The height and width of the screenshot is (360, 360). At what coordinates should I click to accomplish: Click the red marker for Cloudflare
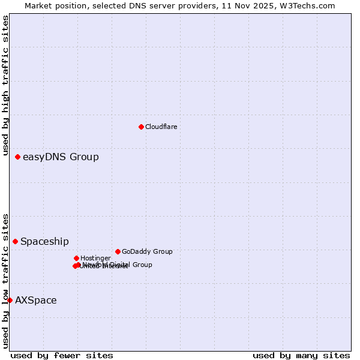pyautogui.click(x=141, y=127)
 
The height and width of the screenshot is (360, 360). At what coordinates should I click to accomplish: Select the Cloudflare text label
pyautogui.click(x=161, y=127)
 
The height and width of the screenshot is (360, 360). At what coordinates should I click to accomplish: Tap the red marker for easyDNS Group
pyautogui.click(x=17, y=157)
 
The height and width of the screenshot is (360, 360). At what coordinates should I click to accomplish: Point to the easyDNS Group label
pyautogui.click(x=61, y=157)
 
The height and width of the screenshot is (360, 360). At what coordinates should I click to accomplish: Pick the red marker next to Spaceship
pyautogui.click(x=15, y=241)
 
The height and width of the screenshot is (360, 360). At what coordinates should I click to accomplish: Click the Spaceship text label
pyautogui.click(x=44, y=242)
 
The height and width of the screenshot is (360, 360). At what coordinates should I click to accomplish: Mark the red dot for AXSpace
pyautogui.click(x=10, y=300)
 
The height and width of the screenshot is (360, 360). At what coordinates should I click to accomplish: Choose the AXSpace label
pyautogui.click(x=36, y=301)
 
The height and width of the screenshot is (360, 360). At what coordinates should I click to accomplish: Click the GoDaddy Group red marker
pyautogui.click(x=118, y=251)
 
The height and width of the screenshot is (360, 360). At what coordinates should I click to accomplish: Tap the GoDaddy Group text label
pyautogui.click(x=147, y=252)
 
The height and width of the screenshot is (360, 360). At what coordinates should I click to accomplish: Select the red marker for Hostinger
pyautogui.click(x=76, y=258)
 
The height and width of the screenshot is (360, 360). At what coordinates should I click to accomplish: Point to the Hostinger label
pyautogui.click(x=95, y=259)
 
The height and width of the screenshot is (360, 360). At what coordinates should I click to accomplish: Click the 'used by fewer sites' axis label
pyautogui.click(x=62, y=355)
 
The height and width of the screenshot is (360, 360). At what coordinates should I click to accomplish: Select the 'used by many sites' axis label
pyautogui.click(x=301, y=355)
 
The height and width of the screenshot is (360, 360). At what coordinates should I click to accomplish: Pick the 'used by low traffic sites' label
pyautogui.click(x=5, y=280)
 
